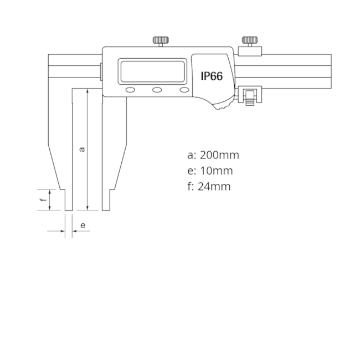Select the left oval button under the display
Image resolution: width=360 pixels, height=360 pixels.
tap(130, 90)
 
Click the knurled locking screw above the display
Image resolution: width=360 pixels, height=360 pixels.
tap(161, 41)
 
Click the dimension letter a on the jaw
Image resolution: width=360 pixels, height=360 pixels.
tap(82, 148)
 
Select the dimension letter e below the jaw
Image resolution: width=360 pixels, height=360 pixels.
tap(83, 225)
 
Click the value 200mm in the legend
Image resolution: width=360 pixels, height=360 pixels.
tap(219, 155)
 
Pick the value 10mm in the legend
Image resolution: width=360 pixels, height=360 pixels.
tap(216, 171)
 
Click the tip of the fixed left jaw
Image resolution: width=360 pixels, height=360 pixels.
tap(68, 209)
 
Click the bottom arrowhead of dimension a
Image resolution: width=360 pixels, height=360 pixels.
tap(88, 208)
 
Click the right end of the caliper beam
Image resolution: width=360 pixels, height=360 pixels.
tap(330, 70)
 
